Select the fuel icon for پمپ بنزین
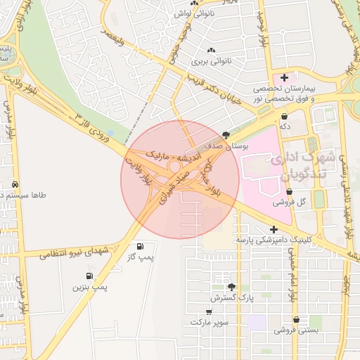(x=89, y=276)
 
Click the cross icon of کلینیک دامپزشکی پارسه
(x=274, y=229)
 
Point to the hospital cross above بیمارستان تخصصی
(x=284, y=77)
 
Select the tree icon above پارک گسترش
(x=231, y=287)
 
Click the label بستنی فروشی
(x=296, y=329)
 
